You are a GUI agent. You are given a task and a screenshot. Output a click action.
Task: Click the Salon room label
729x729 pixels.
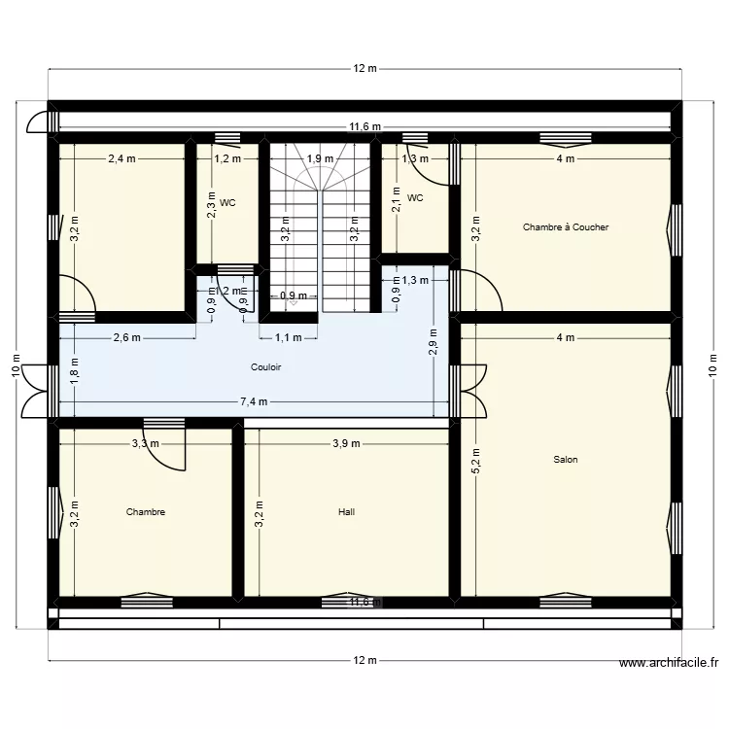[565, 460]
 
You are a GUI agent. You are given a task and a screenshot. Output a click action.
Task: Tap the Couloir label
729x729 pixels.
[265, 367]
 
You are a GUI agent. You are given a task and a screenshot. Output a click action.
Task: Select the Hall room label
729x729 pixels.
[347, 511]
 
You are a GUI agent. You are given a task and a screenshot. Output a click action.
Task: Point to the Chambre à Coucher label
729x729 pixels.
[565, 227]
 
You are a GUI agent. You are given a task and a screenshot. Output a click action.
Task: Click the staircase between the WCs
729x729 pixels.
[320, 228]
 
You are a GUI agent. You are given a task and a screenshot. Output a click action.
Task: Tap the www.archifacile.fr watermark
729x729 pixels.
[670, 664]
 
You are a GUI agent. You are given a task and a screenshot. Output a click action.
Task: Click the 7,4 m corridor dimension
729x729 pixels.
[254, 401]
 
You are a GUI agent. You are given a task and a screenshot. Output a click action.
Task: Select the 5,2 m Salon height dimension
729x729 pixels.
[475, 460]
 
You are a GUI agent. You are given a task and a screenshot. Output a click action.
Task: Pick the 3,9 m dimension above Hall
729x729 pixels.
[346, 443]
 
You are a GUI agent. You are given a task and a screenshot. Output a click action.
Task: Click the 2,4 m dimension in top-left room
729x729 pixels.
[122, 158]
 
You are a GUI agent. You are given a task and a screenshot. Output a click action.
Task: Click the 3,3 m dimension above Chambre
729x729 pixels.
[146, 443]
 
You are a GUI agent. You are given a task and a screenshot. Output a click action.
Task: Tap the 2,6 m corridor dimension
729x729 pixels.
[127, 338]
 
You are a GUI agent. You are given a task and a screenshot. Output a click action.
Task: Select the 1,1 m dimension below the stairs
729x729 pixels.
[289, 338]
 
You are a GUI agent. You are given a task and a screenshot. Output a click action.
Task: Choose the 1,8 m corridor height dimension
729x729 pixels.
[74, 368]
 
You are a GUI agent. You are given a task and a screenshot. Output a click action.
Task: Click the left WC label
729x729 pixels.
[227, 203]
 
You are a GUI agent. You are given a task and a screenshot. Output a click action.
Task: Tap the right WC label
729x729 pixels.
[415, 198]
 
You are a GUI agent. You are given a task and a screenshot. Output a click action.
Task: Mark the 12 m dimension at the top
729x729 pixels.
[364, 68]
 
